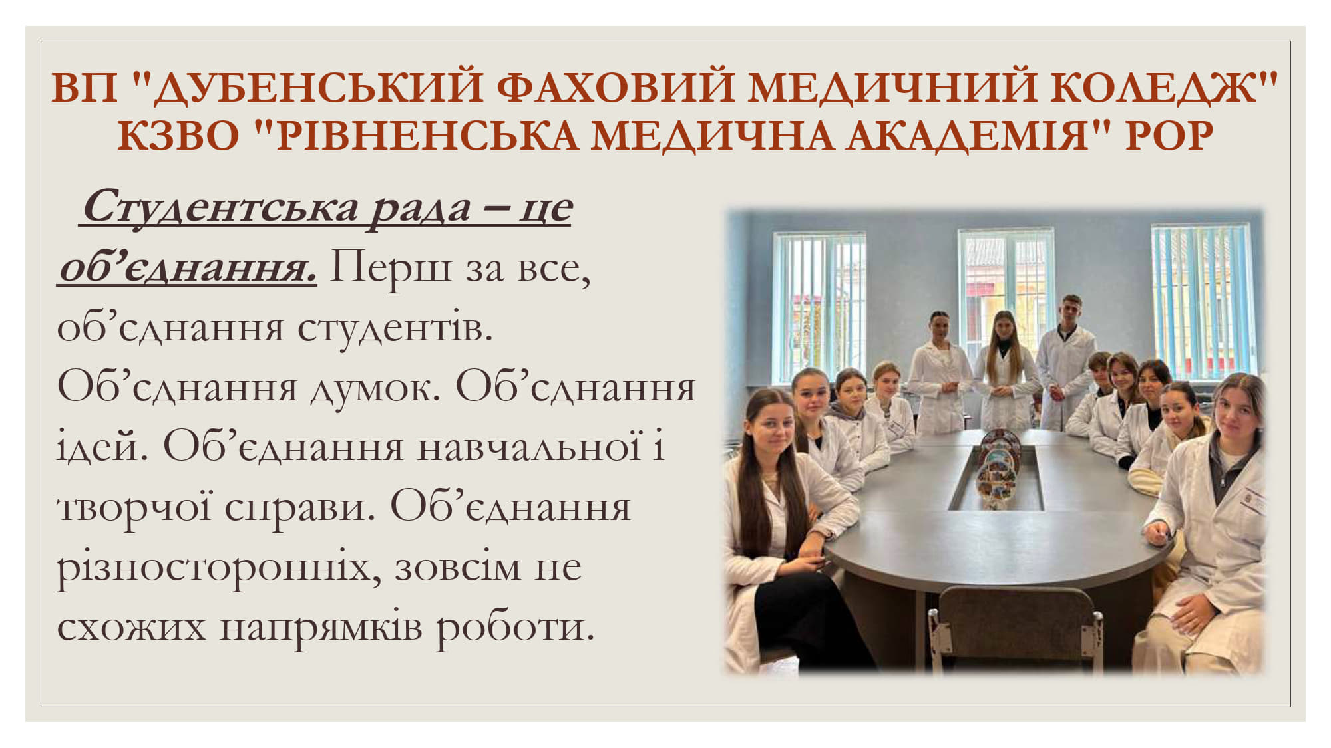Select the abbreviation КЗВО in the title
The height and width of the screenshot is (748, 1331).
coord(178,136)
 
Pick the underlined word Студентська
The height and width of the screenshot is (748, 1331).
coord(220,208)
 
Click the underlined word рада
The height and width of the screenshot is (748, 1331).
coord(420,208)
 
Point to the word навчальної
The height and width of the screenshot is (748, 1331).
coord(530,447)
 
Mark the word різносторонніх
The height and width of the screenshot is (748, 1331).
coord(218,567)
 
